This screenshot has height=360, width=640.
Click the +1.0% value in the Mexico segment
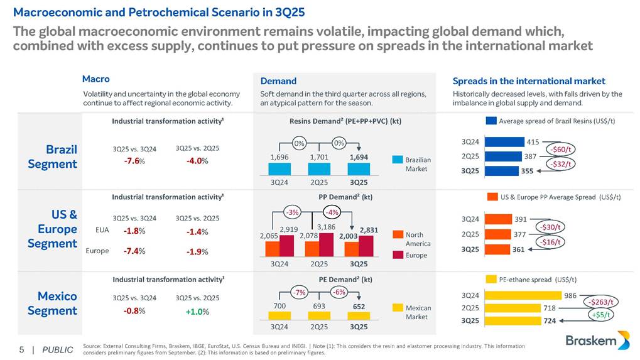pyautogui.click(x=197, y=312)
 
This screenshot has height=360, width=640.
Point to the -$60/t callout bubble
pyautogui.click(x=562, y=149)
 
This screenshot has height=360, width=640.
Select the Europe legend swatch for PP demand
pyautogui.click(x=397, y=255)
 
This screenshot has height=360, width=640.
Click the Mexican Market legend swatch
pyautogui.click(x=397, y=308)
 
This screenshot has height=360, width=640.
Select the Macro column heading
pyautogui.click(x=95, y=79)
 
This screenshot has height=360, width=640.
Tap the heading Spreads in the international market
pyautogui.click(x=529, y=81)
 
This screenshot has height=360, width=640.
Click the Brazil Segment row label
pyautogui.click(x=53, y=157)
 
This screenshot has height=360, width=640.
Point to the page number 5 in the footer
pyautogui.click(x=21, y=349)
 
